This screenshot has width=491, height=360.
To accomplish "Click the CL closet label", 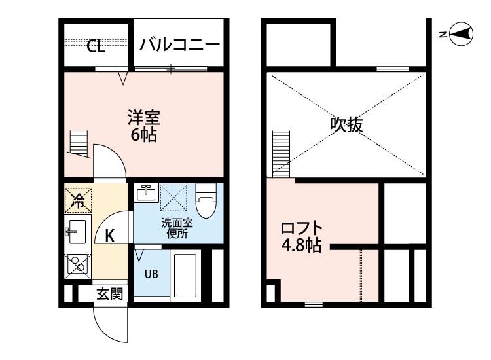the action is (96, 46).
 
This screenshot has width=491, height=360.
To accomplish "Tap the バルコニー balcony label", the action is (180, 45).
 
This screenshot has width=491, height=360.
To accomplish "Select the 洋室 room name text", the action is (144, 117).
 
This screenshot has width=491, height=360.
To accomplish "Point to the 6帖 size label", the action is (144, 135).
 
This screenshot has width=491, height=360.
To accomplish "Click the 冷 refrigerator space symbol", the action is (78, 200).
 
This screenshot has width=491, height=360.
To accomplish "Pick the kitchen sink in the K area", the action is (77, 232).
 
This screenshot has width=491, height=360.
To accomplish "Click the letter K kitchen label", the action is (109, 236).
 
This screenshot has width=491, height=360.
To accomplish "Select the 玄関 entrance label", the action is (109, 294).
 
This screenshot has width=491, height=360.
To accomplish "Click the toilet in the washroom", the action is (206, 201).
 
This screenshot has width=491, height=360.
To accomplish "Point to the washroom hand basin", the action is (146, 192).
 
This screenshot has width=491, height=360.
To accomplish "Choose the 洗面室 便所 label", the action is (177, 228).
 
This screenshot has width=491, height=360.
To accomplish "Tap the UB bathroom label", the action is (151, 274).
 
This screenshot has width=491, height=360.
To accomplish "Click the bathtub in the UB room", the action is (185, 276).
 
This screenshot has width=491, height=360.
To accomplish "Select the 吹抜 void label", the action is (346, 124).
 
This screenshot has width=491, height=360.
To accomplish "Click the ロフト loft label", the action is (302, 228).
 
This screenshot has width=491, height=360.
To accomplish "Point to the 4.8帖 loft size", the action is (302, 245).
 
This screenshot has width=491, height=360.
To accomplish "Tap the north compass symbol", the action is (461, 34).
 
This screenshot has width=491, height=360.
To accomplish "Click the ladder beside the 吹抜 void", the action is (282, 154).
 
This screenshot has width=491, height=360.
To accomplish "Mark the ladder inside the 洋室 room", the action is (79, 144).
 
